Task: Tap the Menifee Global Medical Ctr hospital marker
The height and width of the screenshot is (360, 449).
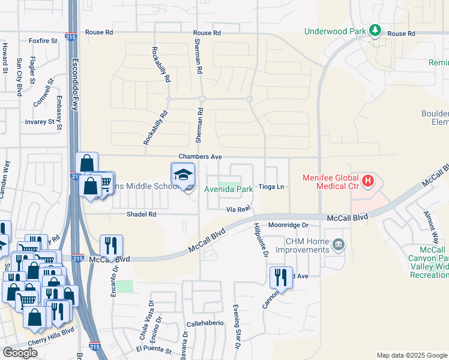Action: [x=368, y=179]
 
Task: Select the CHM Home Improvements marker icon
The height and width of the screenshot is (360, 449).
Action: [x=339, y=244]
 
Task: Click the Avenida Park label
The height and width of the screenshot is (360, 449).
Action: [x=229, y=189]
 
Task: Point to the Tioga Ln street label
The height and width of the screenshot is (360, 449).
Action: [x=270, y=187]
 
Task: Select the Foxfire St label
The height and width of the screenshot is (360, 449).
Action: [x=43, y=41]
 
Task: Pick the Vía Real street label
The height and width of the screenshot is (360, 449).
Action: [x=238, y=209]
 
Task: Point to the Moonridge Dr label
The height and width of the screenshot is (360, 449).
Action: [x=288, y=225]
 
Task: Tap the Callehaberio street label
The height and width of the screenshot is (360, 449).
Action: [x=205, y=323]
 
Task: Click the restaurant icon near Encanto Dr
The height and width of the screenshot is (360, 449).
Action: [x=111, y=245]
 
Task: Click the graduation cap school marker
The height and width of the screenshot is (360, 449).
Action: [x=183, y=174]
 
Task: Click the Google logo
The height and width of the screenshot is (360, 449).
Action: [x=20, y=353]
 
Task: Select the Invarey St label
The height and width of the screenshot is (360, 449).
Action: [x=40, y=122]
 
